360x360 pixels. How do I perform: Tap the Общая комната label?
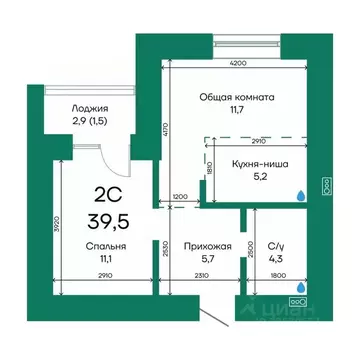[x=238, y=97]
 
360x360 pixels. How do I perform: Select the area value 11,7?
[x=238, y=112]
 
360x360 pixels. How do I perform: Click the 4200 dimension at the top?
[x=237, y=62]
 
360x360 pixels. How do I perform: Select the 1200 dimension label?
[x=179, y=197]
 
